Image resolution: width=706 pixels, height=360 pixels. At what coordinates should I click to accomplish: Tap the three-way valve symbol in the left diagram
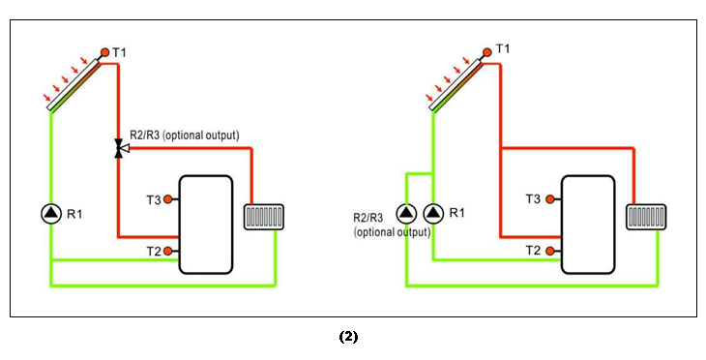tap(118, 148)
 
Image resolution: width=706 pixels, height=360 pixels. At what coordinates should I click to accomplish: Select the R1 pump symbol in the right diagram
tap(431, 213)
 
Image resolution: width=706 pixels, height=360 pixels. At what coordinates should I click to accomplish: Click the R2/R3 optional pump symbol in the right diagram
tap(405, 213)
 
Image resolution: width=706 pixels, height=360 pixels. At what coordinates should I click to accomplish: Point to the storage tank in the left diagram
tap(205, 224)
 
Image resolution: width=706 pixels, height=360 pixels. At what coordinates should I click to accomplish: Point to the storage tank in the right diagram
tap(588, 224)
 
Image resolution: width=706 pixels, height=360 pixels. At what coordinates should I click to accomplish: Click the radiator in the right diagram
tap(644, 216)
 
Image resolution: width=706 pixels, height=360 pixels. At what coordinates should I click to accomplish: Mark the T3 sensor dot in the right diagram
tap(550, 199)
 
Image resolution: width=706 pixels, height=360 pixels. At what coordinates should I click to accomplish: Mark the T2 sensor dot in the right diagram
tap(550, 251)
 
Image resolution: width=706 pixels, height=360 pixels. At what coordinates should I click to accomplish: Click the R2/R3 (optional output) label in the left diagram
tap(184, 134)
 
